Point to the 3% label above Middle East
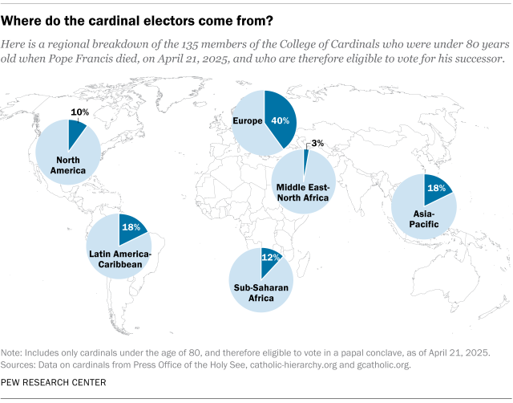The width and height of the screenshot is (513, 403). (317, 143)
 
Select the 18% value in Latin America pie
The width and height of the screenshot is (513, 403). (131, 227)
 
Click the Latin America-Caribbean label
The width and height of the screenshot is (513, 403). (120, 259)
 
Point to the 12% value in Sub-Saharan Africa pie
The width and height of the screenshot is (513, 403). (270, 258)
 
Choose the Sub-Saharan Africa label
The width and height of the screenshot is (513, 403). (261, 292)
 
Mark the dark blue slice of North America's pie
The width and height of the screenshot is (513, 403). (76, 129)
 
